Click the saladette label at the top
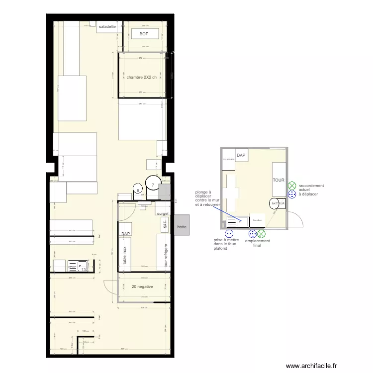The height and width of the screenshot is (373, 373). point(107,26)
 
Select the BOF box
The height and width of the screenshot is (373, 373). point(144,34)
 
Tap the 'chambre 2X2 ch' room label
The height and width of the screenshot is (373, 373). point(142,77)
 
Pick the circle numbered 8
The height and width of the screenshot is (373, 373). point(138,188)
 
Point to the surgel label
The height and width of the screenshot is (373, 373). point(163,213)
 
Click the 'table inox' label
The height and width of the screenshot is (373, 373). point(125,255)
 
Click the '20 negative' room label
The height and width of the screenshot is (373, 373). point(142,286)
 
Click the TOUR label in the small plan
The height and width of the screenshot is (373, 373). point(278,180)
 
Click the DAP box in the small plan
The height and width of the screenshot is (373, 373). point(241,156)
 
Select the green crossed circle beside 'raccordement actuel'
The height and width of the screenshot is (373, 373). point(292,186)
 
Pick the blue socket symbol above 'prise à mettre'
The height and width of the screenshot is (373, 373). point(229,233)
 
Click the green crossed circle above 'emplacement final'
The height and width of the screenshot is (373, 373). point(262,233)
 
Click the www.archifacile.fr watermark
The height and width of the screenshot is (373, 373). point(311,366)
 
